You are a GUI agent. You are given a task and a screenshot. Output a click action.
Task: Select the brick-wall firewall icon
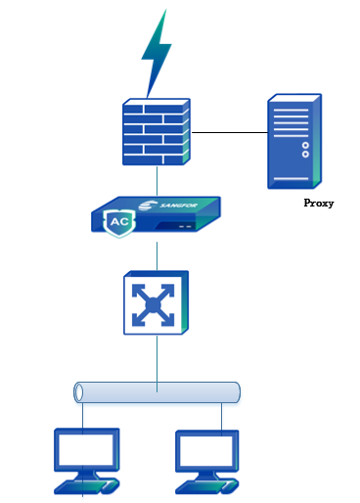(x=157, y=131)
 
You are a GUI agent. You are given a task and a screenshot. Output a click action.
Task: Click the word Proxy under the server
(x=319, y=204)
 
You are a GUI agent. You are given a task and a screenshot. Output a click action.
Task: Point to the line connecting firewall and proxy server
(x=230, y=130)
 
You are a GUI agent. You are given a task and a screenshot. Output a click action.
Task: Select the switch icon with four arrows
(x=156, y=305)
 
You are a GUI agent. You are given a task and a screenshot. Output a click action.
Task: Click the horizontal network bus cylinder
(x=157, y=392)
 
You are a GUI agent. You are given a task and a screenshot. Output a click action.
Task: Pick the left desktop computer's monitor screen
(x=88, y=451)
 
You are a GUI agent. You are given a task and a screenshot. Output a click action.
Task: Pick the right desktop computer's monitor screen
(x=206, y=451)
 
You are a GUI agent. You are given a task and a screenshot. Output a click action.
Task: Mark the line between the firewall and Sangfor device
(x=157, y=181)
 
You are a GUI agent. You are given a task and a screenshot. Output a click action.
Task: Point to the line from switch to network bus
(x=157, y=357)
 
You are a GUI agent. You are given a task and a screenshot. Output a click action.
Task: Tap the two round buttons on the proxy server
(x=305, y=148)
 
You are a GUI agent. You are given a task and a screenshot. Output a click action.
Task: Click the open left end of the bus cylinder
(x=79, y=392)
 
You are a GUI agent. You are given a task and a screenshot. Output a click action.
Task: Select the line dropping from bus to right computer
(x=222, y=416)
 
